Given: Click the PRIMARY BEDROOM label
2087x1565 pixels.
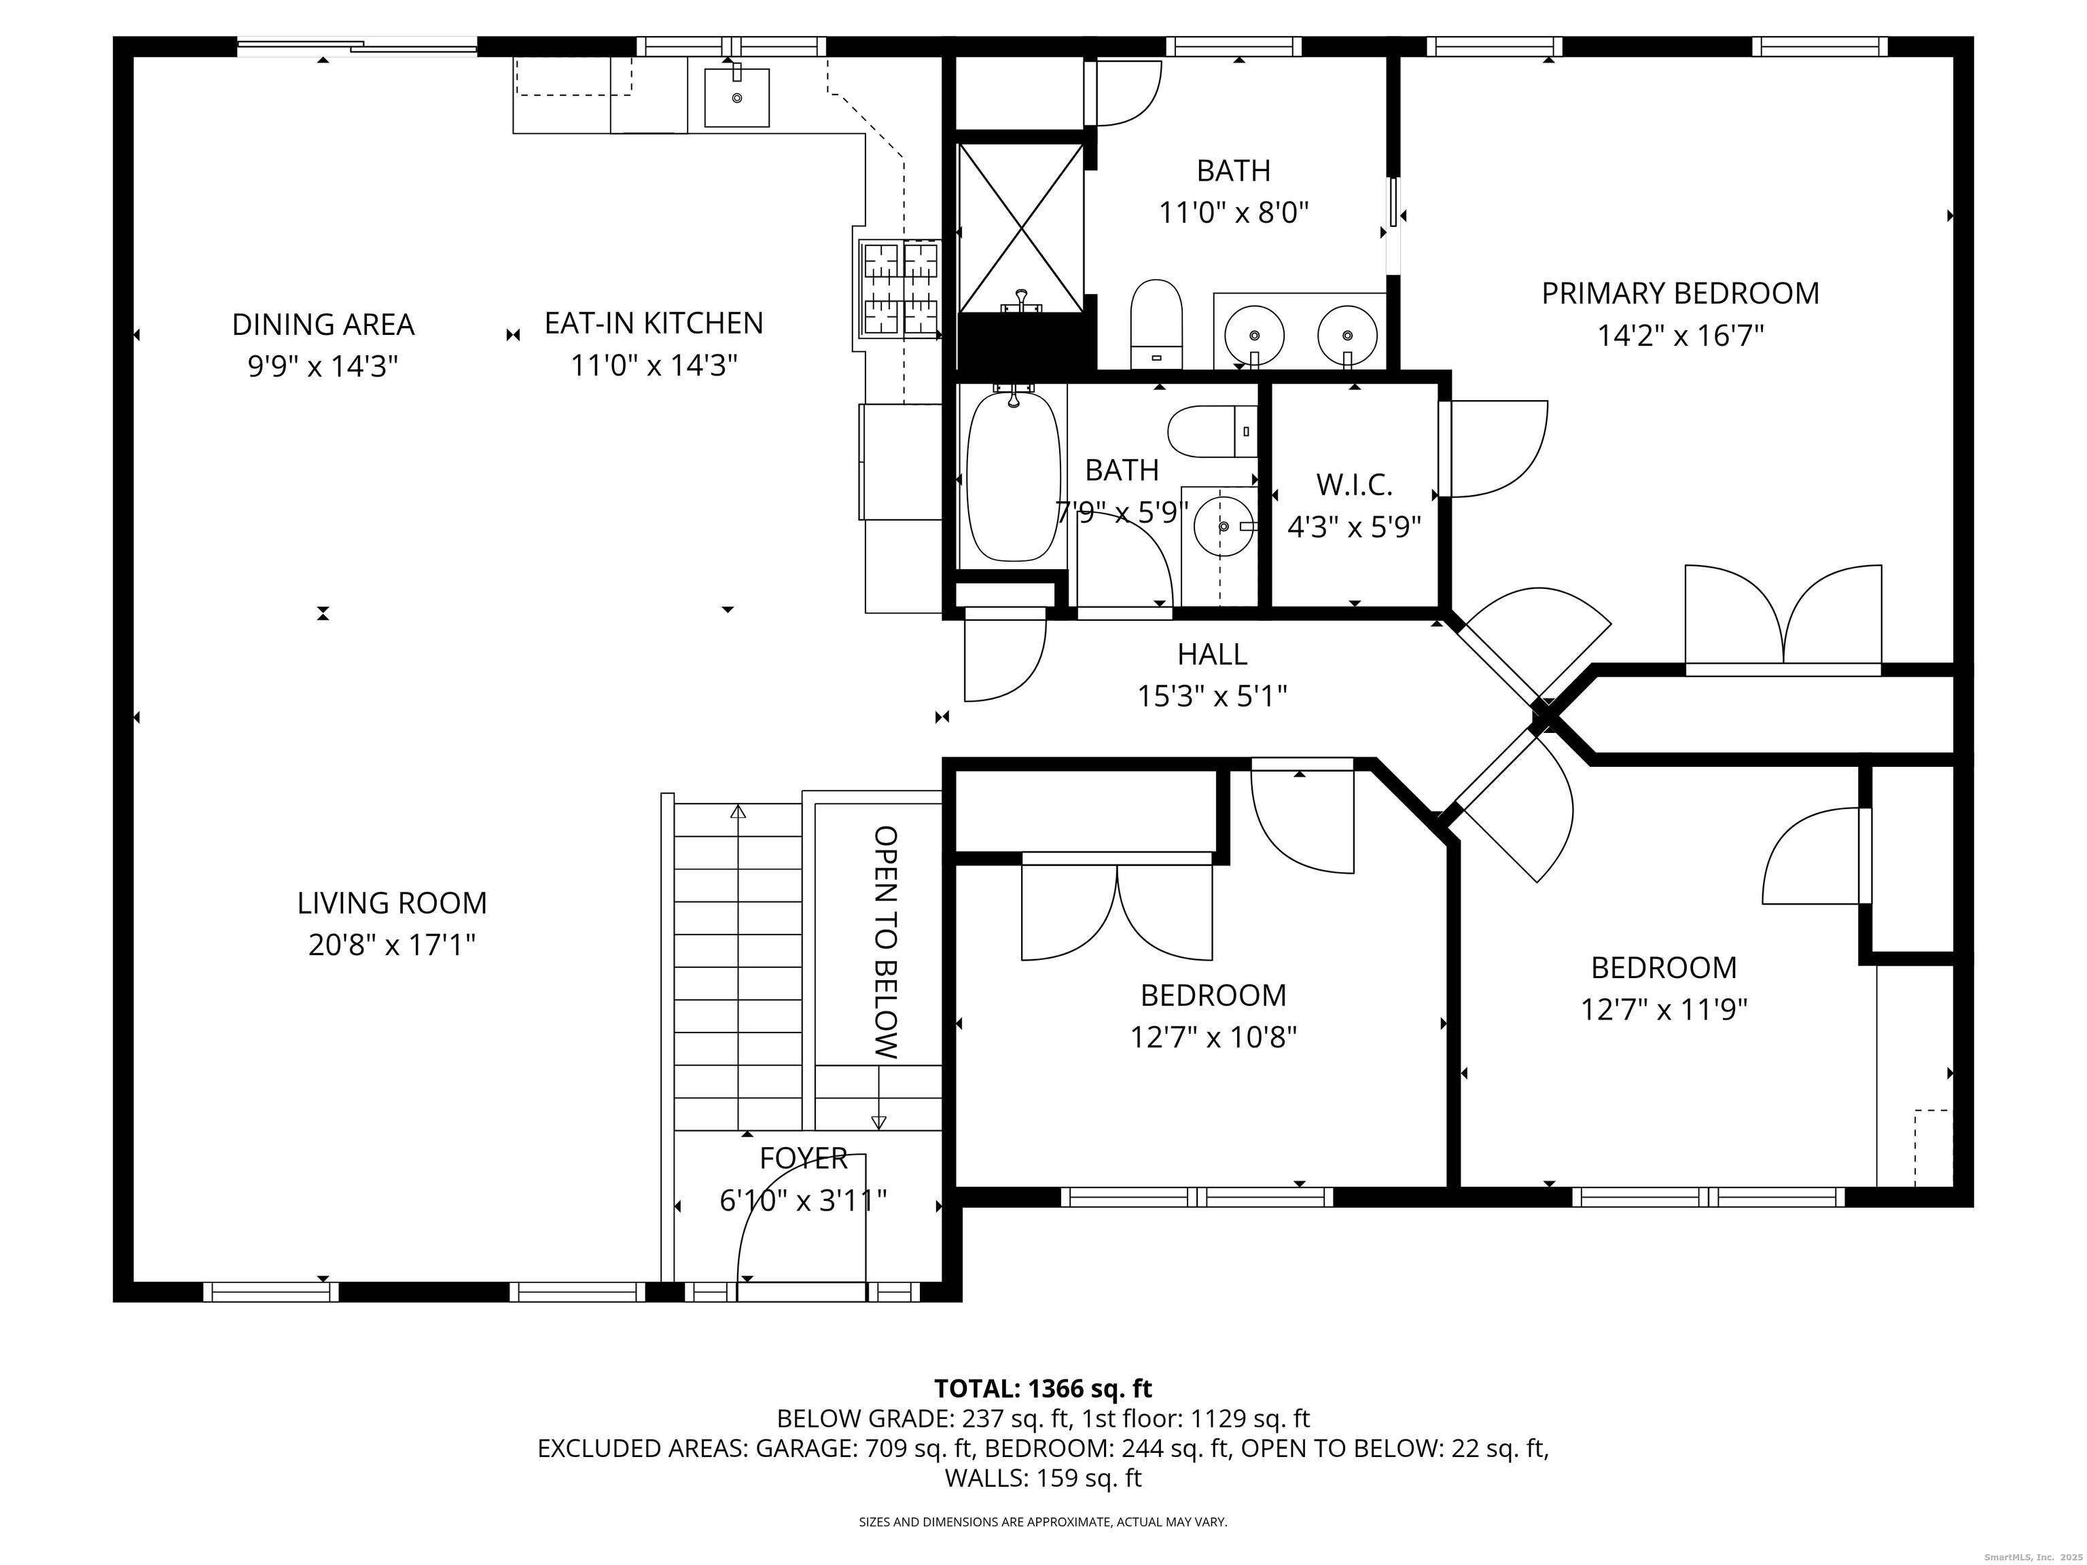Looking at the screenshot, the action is (1680, 293).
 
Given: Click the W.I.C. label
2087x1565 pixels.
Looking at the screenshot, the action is (1355, 485).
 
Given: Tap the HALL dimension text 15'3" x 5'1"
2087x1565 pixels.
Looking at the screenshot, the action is (1213, 696).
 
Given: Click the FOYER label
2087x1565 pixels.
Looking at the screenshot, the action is (804, 1157).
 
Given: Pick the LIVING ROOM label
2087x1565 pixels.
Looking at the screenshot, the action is (393, 903).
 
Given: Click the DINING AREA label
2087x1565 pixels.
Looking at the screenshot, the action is (323, 325).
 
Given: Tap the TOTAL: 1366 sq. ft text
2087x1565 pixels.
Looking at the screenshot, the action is (1043, 1388).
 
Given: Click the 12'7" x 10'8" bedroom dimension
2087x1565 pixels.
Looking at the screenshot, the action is (1213, 1038).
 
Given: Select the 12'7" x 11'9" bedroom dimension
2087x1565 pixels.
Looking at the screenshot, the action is (1664, 1010).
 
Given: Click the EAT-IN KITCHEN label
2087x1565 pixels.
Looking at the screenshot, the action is (654, 323).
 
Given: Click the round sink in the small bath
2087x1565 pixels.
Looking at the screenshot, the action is (1223, 526).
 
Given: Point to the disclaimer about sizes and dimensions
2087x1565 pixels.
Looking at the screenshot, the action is (1043, 1522).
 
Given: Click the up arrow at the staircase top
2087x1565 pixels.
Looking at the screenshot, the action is (738, 810).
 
